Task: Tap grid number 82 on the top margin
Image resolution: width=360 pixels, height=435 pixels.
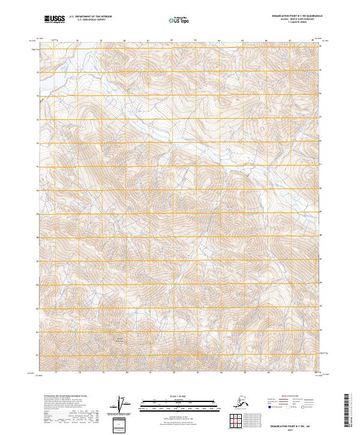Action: coord(172,40)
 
